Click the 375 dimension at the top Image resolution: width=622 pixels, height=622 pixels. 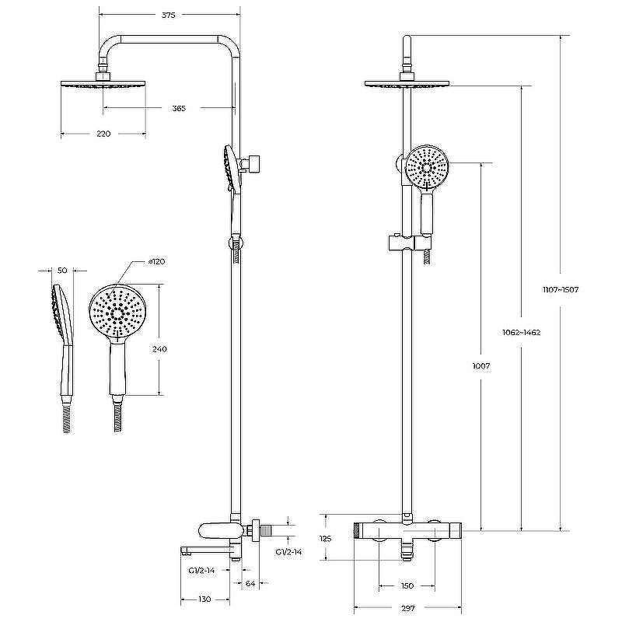pos(168,15)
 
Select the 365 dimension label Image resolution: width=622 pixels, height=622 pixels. pos(179,108)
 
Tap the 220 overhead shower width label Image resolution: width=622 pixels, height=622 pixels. pos(103,134)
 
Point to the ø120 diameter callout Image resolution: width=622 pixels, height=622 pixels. pos(156,262)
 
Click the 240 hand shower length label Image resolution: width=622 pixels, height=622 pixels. pos(159,349)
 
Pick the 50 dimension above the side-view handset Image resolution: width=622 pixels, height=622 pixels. pos(62,271)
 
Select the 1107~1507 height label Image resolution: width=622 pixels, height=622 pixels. pos(561,289)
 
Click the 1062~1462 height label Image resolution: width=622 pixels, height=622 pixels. pos(521,333)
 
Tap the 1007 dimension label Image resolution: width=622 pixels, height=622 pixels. pos(481,366)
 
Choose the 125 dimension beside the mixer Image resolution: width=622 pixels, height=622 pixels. pos(325,539)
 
